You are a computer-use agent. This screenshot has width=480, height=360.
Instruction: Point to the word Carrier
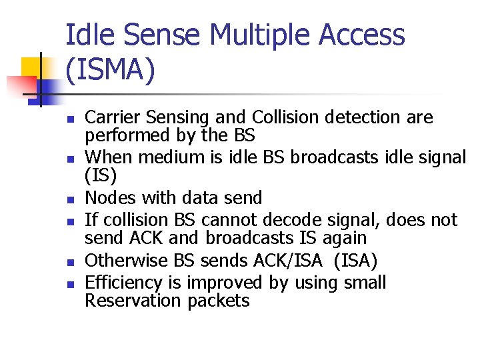tap(110, 118)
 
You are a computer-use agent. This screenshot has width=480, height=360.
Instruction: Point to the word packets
tap(219, 301)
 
